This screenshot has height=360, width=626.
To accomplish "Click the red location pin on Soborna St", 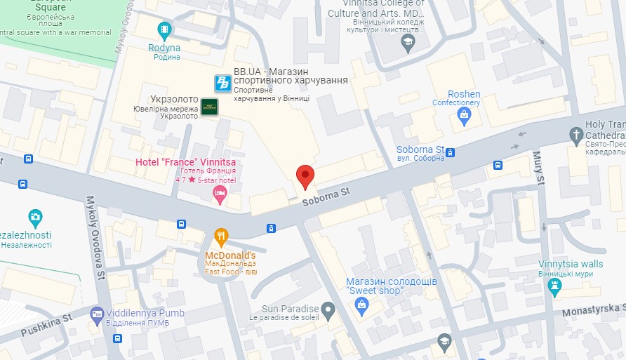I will [x=305, y=176].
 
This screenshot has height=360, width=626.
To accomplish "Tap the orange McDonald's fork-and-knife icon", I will [x=221, y=236].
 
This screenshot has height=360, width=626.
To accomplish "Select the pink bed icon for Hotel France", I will [x=220, y=193].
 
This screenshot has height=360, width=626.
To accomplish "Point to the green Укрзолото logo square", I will [x=209, y=107].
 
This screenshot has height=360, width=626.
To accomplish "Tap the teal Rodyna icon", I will [x=164, y=29].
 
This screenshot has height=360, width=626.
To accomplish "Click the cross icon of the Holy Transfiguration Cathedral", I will [x=576, y=134].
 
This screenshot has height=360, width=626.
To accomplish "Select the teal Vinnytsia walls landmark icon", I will [x=555, y=285].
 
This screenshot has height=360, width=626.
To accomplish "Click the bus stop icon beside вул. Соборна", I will [x=451, y=152].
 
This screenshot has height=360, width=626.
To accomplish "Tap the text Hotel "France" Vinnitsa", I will [x=185, y=163].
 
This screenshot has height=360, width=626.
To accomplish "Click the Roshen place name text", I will [x=464, y=94].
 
